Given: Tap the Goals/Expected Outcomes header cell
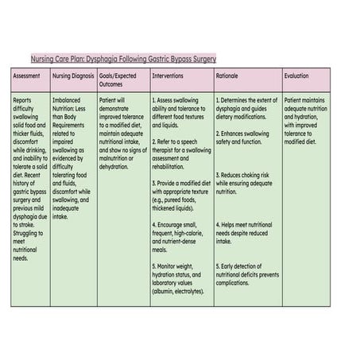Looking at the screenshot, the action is point(118,79).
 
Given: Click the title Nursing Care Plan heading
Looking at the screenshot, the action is point(123,59).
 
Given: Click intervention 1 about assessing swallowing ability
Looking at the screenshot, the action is point(181,113).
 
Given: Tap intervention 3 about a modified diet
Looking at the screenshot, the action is point(181,192).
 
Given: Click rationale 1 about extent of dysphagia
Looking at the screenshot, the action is point(246,109).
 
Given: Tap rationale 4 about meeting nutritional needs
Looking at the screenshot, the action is point(246,233).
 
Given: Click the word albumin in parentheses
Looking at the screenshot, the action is point(168,291).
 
